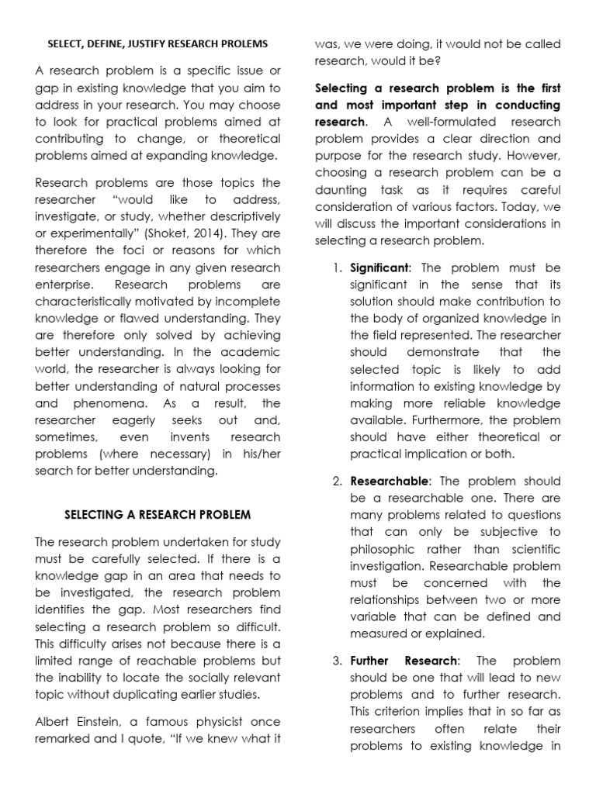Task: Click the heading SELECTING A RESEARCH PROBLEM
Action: (158, 515)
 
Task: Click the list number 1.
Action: (337, 268)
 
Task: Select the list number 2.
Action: (337, 480)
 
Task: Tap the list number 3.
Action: (337, 660)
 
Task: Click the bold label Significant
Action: (383, 268)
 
